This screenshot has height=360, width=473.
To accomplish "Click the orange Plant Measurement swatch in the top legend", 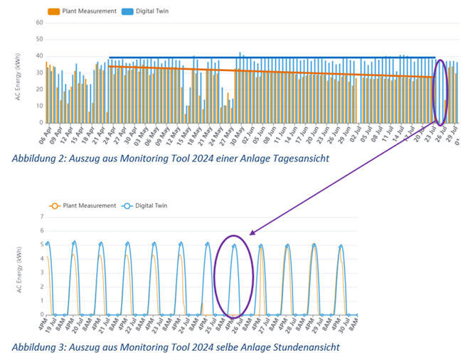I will click(53, 11).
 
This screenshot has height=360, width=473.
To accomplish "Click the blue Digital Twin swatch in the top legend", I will click(127, 11).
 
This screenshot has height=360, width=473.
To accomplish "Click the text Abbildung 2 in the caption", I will click(44, 159).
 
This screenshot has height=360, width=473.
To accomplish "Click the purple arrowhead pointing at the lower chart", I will click(253, 232).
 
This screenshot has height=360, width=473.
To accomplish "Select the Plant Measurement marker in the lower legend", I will click(54, 206).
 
